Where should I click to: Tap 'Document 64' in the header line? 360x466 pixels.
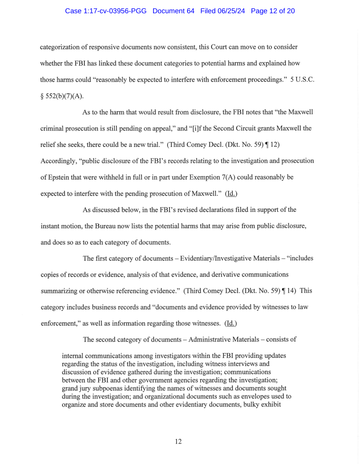173,11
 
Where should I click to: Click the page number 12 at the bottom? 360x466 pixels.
178,441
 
